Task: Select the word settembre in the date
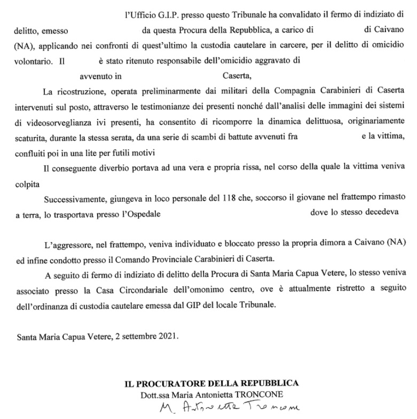(136, 337)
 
